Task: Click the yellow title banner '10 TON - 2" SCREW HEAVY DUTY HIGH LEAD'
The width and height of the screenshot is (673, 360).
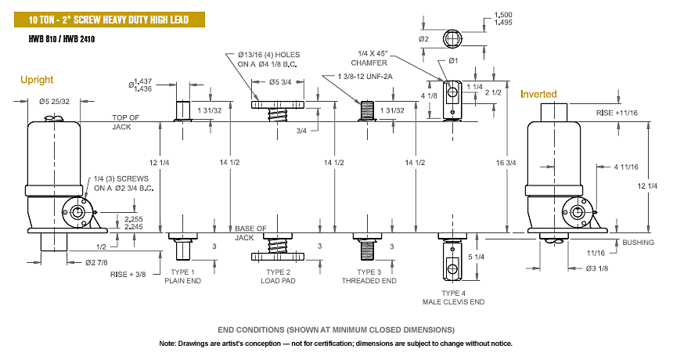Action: click(x=110, y=20)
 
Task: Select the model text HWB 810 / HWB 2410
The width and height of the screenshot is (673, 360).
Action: click(x=62, y=39)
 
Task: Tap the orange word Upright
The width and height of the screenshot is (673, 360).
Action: click(x=37, y=80)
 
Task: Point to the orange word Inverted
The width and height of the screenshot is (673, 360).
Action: click(x=538, y=94)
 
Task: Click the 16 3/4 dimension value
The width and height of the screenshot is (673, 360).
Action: click(x=506, y=163)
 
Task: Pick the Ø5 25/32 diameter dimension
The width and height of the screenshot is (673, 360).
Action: click(x=54, y=102)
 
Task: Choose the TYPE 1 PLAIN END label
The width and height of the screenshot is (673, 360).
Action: click(x=183, y=276)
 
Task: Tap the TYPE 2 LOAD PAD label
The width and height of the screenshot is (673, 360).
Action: click(x=278, y=276)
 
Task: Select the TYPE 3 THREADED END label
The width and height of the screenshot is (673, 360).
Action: click(x=369, y=276)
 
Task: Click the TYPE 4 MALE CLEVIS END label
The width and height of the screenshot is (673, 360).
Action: click(x=454, y=297)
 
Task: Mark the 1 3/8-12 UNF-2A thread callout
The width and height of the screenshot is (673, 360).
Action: click(x=365, y=77)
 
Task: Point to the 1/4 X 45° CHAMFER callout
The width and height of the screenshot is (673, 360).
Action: click(x=369, y=59)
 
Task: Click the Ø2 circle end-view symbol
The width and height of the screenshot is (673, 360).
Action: click(x=453, y=39)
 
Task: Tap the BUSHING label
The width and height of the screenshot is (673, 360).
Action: click(x=639, y=243)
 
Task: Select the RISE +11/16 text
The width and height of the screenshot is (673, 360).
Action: click(x=617, y=113)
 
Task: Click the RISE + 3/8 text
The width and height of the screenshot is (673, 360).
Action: click(x=128, y=274)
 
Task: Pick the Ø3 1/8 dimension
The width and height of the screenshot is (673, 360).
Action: click(x=597, y=268)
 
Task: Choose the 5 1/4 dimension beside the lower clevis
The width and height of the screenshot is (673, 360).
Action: click(x=476, y=257)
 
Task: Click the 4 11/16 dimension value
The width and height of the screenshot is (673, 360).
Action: click(x=626, y=167)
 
